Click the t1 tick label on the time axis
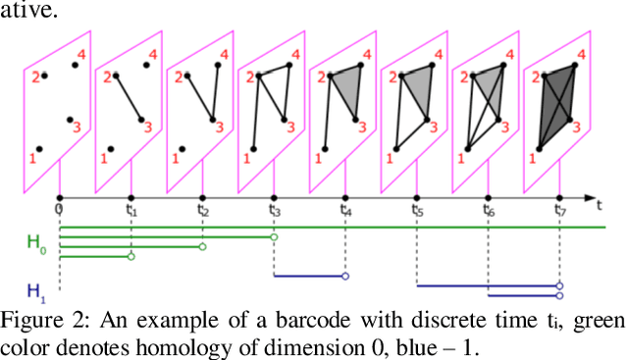[x=131, y=210]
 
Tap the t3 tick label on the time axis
[x=275, y=210]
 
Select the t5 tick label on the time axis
[x=418, y=210]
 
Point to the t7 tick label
[x=560, y=210]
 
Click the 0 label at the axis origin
[x=59, y=209]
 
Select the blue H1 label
[x=36, y=290]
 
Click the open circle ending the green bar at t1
[x=131, y=257]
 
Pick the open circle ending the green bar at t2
[x=203, y=247]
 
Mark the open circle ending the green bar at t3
[x=275, y=237]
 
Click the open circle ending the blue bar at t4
[x=345, y=276]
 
